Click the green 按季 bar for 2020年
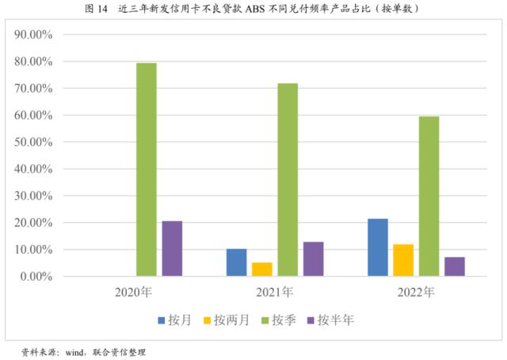(147, 170)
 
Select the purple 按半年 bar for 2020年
(172, 249)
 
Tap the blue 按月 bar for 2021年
(236, 262)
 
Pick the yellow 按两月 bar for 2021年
(262, 270)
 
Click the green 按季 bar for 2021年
(288, 180)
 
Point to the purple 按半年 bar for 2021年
(313, 259)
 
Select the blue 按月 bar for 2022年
(378, 247)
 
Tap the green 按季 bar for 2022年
(429, 197)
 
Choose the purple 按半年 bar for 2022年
(454, 266)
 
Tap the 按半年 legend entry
(333, 320)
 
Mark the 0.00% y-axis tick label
(36, 277)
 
